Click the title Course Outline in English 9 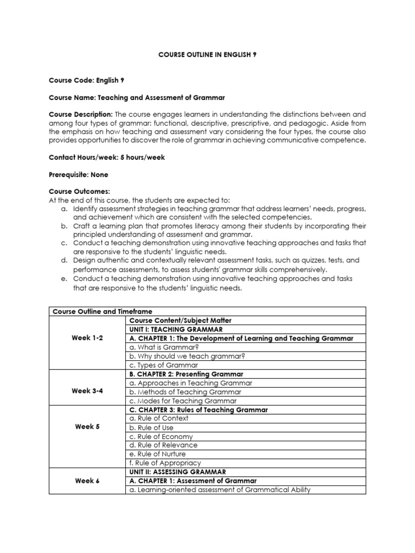[207, 55]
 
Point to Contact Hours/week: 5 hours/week [107, 157]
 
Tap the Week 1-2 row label [87, 338]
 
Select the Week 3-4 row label [87, 392]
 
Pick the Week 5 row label [87, 427]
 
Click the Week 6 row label [87, 481]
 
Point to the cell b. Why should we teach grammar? [179, 356]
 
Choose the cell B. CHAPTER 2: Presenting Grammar [186, 374]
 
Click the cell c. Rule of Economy [161, 436]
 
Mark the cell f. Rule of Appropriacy [165, 463]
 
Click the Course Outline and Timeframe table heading [102, 312]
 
